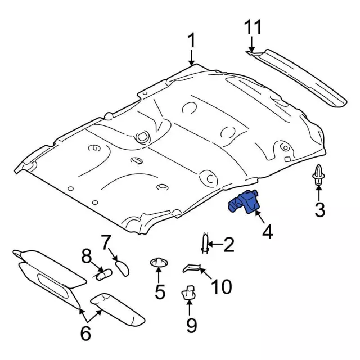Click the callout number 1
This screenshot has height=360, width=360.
tap(191, 40)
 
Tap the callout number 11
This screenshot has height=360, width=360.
tap(253, 28)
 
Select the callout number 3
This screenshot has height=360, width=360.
tap(319, 210)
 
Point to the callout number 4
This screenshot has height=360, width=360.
tap(268, 231)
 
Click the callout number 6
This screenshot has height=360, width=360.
tap(85, 333)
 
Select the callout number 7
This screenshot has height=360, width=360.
tap(106, 242)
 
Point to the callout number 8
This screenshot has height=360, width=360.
tap(86, 258)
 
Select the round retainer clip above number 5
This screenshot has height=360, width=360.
tap(159, 263)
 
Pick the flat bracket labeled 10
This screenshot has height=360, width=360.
tap(193, 268)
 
